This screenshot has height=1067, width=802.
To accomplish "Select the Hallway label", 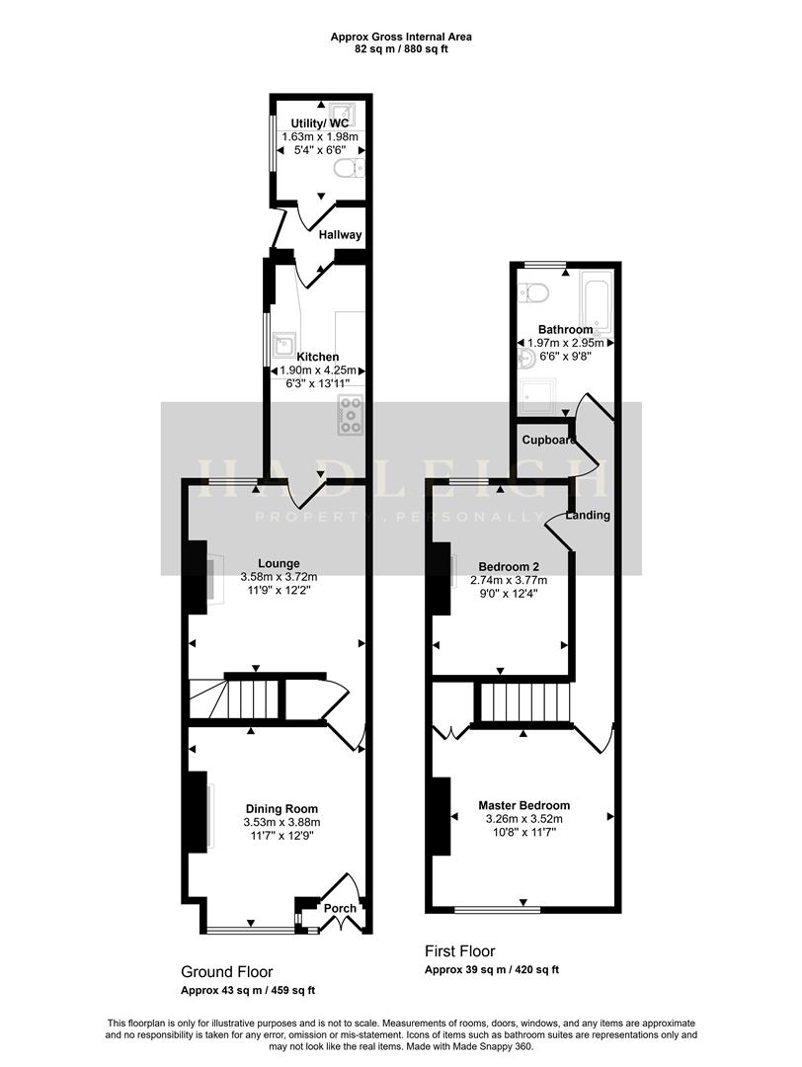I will coord(341,235).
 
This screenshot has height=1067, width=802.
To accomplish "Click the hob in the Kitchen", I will coord(351,415).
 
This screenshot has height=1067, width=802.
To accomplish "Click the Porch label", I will coord(341,908).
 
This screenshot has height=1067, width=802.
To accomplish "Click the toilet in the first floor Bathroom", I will coord(534,290).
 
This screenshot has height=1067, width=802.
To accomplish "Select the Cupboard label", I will coord(548,440).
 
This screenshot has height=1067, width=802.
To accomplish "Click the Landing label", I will coord(588,515).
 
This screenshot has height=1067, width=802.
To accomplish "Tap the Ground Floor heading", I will coord(226,972).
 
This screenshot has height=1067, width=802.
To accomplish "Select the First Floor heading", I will coord(459,951).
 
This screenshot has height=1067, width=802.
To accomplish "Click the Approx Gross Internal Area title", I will coord(400,37).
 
